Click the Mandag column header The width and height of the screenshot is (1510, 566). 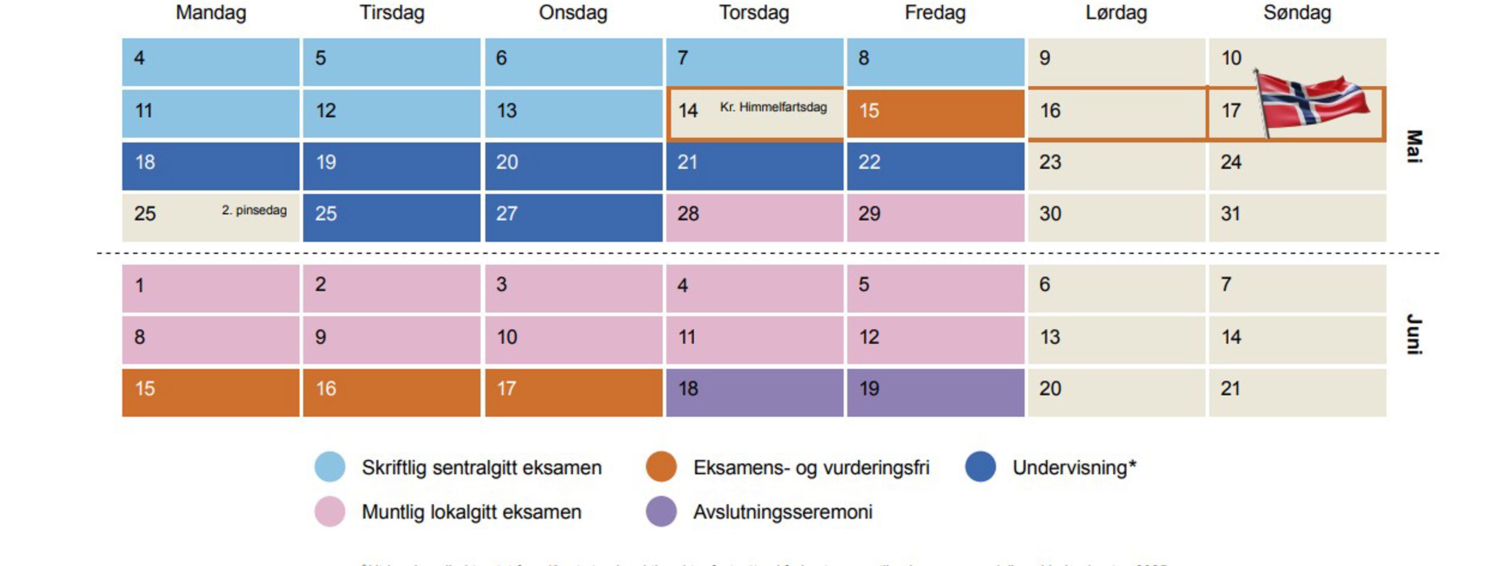[211, 13]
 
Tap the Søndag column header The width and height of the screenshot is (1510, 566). [1296, 13]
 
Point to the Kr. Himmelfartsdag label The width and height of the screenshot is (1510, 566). [773, 107]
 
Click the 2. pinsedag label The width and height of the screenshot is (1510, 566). [254, 210]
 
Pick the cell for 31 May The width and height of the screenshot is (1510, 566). [1296, 217]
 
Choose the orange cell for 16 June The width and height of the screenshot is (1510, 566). [392, 392]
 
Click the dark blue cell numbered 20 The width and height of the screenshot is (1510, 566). [573, 166]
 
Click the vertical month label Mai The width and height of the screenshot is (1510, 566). [1414, 147]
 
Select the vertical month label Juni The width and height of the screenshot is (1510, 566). [1414, 334]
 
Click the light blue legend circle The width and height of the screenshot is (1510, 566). [330, 467]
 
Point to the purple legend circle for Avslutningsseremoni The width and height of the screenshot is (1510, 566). [661, 511]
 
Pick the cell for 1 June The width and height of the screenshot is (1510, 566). [211, 288]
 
